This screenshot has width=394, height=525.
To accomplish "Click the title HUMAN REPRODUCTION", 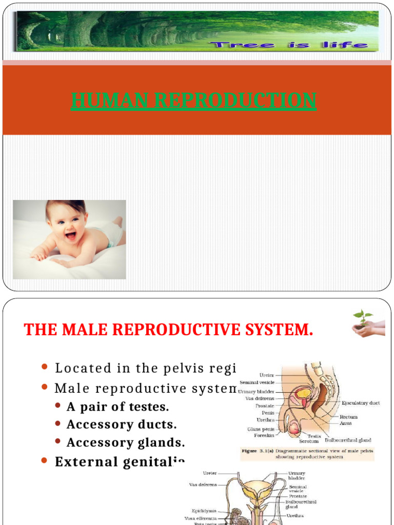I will [193, 100].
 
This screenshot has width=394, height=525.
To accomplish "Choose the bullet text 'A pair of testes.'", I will [117, 407].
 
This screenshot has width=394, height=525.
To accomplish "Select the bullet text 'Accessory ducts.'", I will [122, 425].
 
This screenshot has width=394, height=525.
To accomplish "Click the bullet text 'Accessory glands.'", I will [126, 442].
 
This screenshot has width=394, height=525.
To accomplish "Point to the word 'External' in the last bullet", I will [86, 461].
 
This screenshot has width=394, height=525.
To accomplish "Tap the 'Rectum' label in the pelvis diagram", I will [348, 417].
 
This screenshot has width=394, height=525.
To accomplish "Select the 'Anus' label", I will [345, 423].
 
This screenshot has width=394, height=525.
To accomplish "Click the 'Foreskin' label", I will [264, 435].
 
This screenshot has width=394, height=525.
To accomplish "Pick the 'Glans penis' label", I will [260, 429].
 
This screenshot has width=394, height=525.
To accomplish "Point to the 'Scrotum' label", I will [309, 441].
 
